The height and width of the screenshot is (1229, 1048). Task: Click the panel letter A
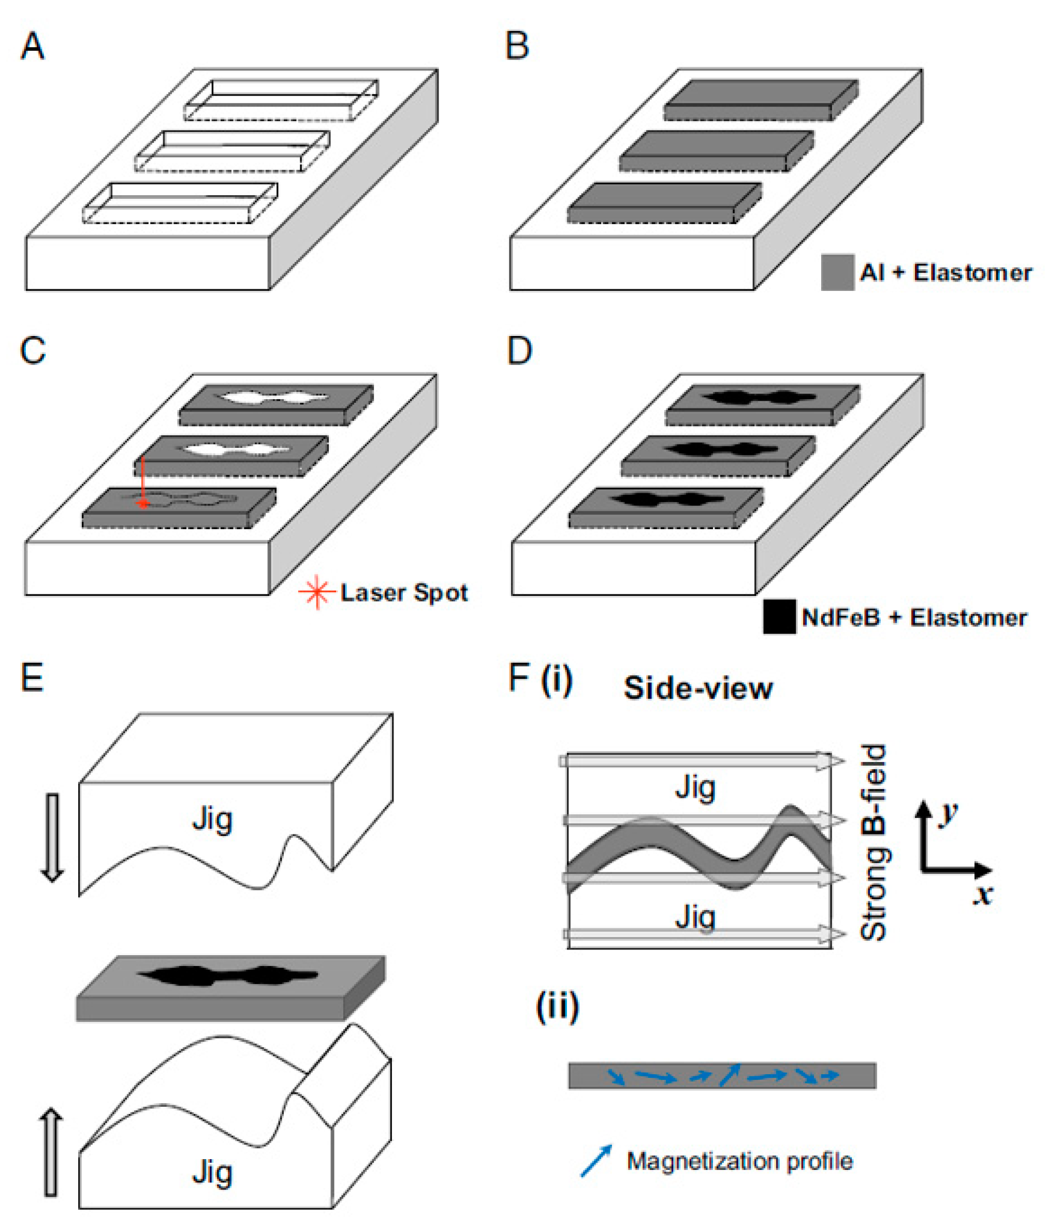click(33, 46)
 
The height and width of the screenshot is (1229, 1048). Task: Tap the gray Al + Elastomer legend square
click(837, 272)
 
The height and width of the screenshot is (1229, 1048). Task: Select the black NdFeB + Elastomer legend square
click(779, 617)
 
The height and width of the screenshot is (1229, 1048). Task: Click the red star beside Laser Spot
click(317, 592)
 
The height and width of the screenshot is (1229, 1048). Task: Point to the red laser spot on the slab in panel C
click(143, 504)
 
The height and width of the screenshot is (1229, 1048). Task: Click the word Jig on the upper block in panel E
click(212, 821)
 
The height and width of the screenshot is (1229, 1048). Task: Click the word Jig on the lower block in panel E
click(212, 1173)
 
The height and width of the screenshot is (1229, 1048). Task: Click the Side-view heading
click(698, 688)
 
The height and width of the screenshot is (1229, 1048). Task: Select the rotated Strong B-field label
click(873, 842)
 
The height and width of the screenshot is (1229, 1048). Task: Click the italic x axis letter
click(983, 894)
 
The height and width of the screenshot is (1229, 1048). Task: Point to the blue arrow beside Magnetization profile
click(596, 1161)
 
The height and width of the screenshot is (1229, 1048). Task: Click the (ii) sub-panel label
click(557, 1006)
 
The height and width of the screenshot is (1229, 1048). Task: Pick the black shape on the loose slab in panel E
click(228, 976)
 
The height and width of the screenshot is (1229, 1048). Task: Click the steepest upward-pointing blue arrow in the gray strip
click(730, 1074)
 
